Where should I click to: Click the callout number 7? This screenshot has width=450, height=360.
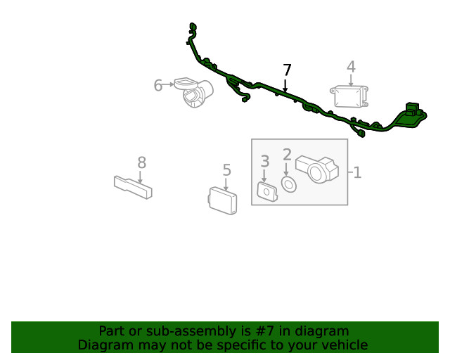coord(287,70)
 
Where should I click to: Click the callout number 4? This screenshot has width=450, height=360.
coord(351,67)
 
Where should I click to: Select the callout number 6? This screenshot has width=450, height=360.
coord(157,85)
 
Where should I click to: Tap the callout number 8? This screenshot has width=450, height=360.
coord(142,163)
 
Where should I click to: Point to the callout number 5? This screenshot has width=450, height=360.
coord(226,170)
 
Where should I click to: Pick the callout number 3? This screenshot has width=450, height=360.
coord(265,161)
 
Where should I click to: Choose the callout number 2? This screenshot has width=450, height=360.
coord(287,155)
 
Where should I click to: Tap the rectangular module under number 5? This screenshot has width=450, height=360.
coord(223,200)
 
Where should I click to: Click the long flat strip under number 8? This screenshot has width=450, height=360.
coord(133,187)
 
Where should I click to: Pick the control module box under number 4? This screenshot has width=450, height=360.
coord(349,96)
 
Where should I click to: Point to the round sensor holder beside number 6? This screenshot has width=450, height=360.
coord(194,91)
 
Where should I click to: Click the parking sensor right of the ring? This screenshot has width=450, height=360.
coord(317,169)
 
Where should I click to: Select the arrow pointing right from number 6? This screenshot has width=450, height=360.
coord(168,84)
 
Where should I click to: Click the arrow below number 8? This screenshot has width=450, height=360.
coord(140,177)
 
